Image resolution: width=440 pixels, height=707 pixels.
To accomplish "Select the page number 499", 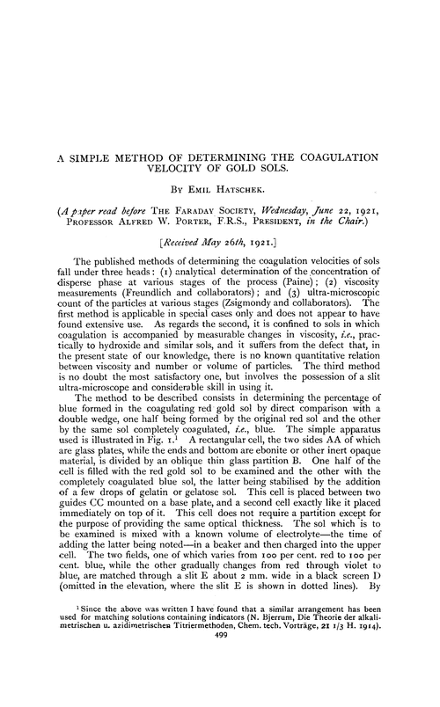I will [x=220, y=690].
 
